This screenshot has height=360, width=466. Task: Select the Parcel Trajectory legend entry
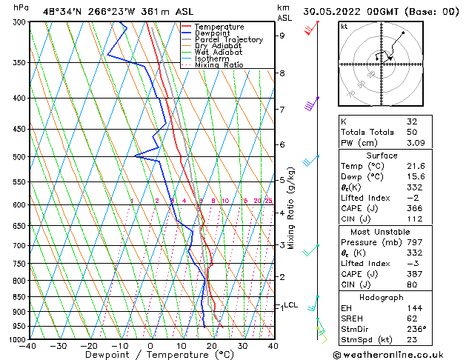(x=228, y=40)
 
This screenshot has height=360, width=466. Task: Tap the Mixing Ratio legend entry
(x=219, y=65)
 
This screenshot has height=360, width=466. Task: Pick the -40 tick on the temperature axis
(x=28, y=345)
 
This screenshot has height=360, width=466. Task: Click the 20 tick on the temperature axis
(x=212, y=345)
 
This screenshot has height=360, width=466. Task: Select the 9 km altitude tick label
(x=282, y=35)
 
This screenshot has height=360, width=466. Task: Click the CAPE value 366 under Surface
(x=413, y=208)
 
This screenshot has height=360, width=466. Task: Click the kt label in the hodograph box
(x=344, y=26)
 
